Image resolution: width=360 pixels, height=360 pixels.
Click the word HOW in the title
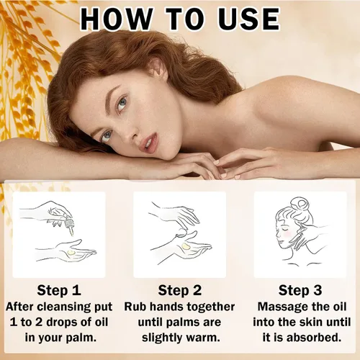(117, 19)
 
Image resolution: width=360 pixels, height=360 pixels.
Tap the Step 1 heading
(59, 290)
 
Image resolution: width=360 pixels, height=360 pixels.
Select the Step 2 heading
(180, 290)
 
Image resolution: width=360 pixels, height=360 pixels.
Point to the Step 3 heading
(300, 290)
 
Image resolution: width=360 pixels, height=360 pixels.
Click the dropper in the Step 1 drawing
(69, 225)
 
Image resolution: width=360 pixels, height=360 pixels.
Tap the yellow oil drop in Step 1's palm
(71, 253)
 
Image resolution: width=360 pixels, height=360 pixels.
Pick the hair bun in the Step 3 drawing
(300, 204)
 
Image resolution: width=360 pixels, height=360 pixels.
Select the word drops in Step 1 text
(62, 323)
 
